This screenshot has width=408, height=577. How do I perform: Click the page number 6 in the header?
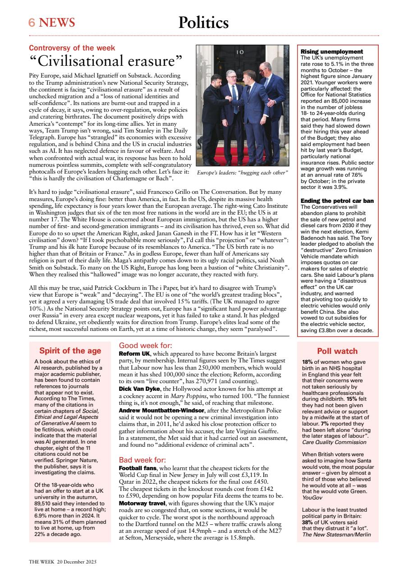(x=32, y=23)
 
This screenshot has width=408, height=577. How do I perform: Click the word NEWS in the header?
(x=57, y=23)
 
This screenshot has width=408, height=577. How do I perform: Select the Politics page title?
(x=203, y=23)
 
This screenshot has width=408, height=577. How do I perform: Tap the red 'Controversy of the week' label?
(x=72, y=48)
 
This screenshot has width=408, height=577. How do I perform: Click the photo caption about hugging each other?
(x=242, y=173)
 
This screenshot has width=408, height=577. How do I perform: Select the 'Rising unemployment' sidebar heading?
(x=331, y=52)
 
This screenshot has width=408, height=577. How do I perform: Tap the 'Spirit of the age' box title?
(x=70, y=351)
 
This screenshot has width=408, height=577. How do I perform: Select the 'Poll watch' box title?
(x=337, y=351)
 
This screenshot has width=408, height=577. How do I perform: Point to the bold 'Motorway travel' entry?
(x=144, y=503)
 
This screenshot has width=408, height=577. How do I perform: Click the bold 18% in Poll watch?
(x=307, y=362)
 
